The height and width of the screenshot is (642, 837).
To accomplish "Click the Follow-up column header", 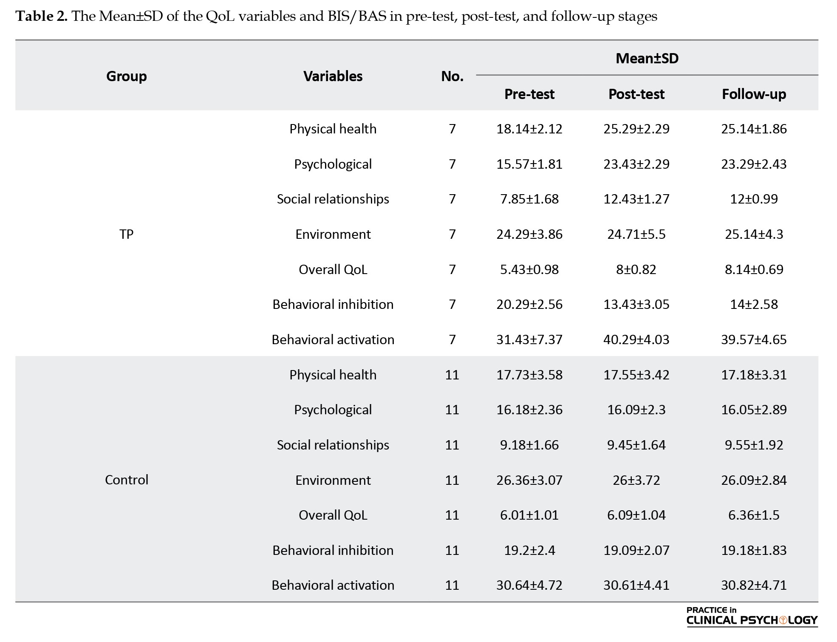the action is click(754, 94).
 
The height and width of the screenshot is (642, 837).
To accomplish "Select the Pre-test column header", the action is click(529, 94).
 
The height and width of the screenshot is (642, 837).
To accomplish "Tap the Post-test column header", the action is click(636, 94).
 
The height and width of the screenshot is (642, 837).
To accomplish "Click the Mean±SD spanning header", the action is click(647, 58).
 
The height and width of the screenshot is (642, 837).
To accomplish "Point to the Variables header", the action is click(333, 76).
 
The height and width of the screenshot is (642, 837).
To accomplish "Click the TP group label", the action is click(126, 234).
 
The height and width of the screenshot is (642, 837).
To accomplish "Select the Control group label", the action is click(126, 480).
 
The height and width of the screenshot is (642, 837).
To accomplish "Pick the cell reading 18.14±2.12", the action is click(529, 129).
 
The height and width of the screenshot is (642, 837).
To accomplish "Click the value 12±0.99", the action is click(754, 199).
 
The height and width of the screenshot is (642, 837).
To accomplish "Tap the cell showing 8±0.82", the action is click(636, 269).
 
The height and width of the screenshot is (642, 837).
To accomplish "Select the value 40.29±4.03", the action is click(636, 339).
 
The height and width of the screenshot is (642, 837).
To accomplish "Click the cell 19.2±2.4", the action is click(529, 550).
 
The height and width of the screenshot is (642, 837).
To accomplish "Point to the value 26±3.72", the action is click(636, 480).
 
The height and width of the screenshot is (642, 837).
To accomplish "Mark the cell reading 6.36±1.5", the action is click(754, 515).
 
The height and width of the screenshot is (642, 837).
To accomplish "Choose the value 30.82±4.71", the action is click(754, 585).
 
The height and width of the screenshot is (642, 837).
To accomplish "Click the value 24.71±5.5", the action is click(636, 234).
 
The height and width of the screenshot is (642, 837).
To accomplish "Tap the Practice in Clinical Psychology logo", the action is click(752, 617).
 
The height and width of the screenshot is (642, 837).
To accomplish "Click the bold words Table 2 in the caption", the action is click(41, 17).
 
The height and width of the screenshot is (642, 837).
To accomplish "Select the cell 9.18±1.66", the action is click(529, 445).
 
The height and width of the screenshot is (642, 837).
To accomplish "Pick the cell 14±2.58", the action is click(754, 304).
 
